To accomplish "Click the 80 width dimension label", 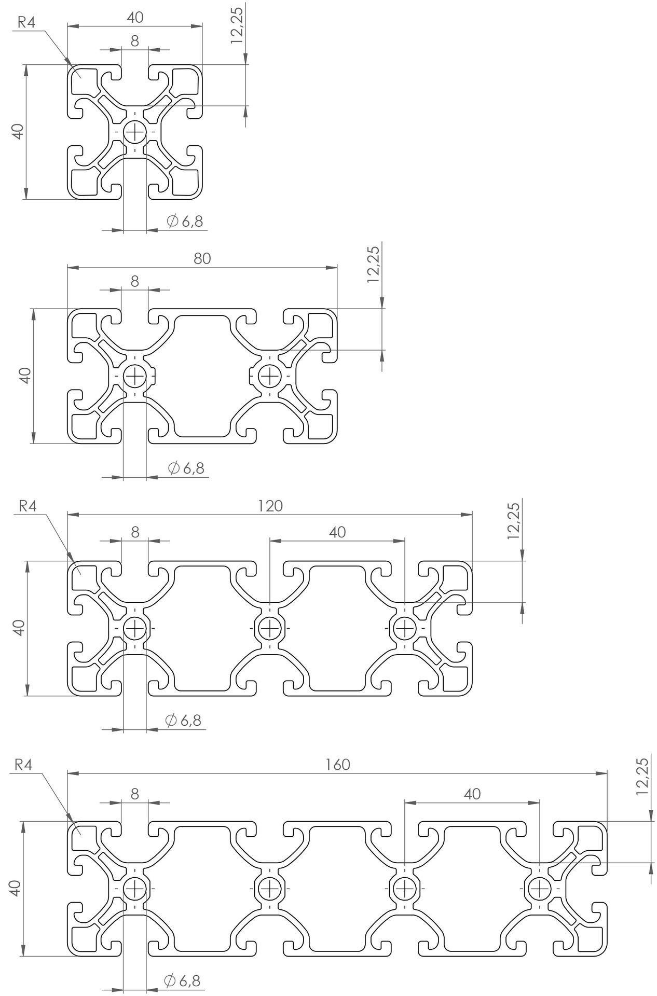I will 202,258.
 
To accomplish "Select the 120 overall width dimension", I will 270,505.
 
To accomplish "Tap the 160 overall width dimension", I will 338,765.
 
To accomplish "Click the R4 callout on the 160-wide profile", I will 24,765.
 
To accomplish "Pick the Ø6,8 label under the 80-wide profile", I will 186,468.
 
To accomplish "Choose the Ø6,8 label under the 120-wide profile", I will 183,720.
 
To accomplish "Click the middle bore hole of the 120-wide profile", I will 270,629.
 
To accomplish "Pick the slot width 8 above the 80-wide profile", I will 135,281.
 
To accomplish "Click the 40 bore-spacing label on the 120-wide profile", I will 337,532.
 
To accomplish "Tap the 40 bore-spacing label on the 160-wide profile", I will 472,794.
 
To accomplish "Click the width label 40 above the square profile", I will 135,17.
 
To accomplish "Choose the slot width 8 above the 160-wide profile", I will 135,794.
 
